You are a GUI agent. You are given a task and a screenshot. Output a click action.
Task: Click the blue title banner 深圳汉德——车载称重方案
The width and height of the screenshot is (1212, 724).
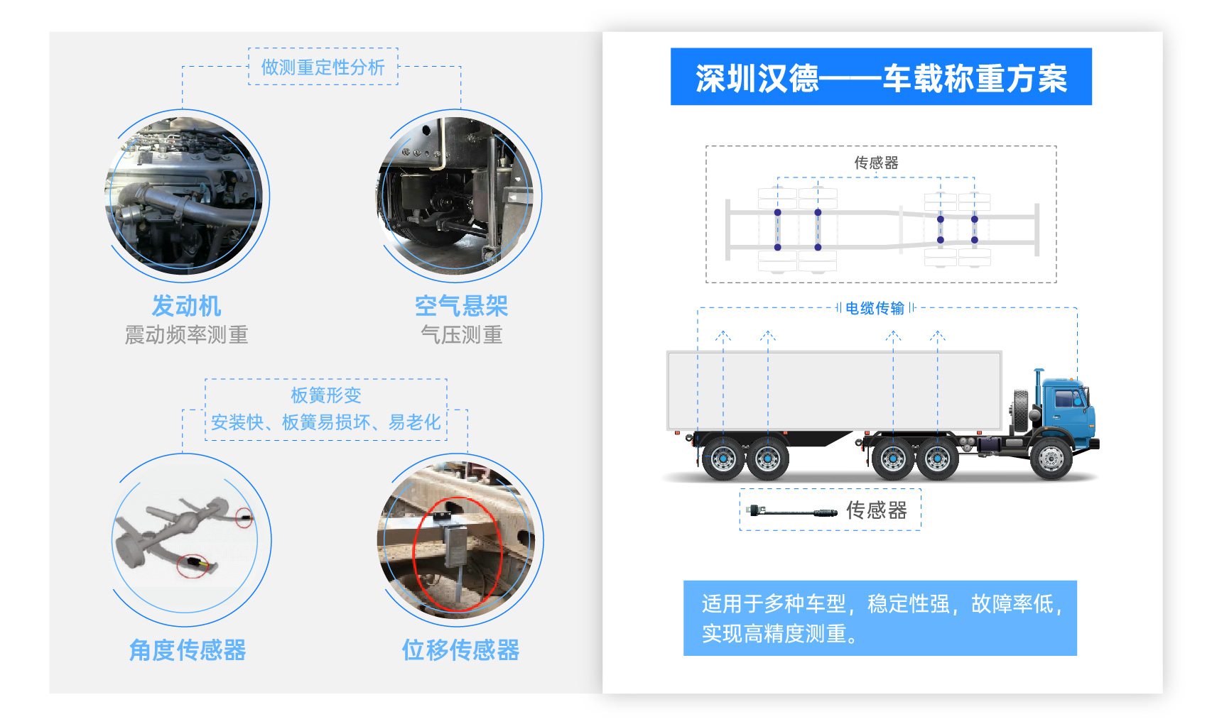click(x=881, y=77)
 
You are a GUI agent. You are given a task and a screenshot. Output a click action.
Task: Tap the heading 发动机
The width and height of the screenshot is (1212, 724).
click(x=186, y=306)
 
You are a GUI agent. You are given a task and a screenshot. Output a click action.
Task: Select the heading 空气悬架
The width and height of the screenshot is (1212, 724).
click(x=461, y=306)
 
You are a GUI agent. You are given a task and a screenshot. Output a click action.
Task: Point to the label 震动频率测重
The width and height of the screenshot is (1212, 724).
click(x=186, y=335)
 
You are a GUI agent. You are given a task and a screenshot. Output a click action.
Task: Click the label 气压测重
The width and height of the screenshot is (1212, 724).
click(x=462, y=335)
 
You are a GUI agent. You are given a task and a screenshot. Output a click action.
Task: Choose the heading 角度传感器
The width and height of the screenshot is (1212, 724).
click(x=188, y=650)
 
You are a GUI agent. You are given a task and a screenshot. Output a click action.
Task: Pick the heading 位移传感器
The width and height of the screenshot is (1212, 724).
click(x=460, y=650)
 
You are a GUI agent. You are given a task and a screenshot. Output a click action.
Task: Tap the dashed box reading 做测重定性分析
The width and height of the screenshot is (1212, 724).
click(x=323, y=67)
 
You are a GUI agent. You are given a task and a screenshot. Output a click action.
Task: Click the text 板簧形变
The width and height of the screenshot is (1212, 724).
click(x=325, y=395)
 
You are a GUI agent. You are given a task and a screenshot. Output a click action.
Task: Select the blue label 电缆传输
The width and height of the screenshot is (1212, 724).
click(x=875, y=308)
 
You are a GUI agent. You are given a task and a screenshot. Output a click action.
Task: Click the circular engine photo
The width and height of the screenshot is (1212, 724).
click(x=184, y=196)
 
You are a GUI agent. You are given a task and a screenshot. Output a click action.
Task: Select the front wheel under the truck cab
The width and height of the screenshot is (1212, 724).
click(x=1050, y=459)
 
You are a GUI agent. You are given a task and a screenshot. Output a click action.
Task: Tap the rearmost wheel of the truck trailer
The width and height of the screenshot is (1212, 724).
click(x=723, y=459)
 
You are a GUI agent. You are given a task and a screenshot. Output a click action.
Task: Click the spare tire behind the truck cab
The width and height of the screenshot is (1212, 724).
click(x=1022, y=410)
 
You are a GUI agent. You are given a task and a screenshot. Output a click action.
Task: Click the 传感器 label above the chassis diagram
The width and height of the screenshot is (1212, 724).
click(x=877, y=163)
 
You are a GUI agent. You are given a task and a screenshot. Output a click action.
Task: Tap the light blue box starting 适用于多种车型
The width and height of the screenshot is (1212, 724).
click(x=880, y=618)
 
